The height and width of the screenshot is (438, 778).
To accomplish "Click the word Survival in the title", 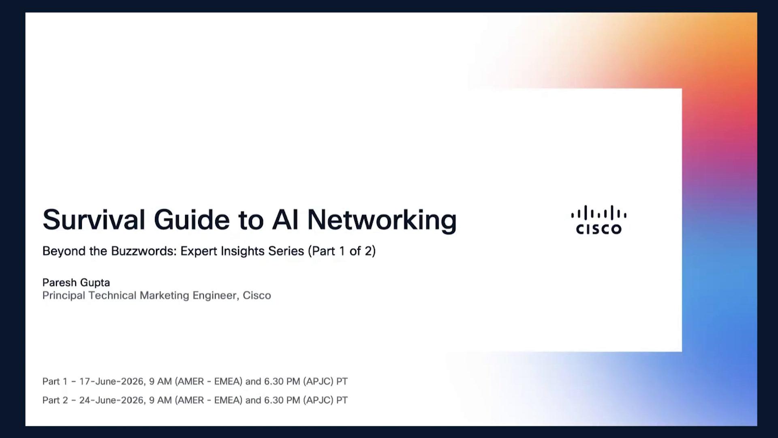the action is click(94, 219).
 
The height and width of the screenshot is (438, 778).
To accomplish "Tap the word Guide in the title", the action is click(192, 219).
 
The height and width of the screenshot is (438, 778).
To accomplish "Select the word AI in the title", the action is click(285, 219).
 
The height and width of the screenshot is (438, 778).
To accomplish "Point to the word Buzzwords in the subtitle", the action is click(144, 251).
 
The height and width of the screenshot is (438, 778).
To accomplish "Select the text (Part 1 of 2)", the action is click(342, 251).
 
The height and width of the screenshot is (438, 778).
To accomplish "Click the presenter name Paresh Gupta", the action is click(76, 283).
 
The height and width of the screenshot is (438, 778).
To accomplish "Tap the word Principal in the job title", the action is click(64, 296).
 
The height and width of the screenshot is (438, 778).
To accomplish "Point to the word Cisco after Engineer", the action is click(257, 295).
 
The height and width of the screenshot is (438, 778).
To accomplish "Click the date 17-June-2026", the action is click(112, 381).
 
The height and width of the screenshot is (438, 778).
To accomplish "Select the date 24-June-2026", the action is click(112, 400).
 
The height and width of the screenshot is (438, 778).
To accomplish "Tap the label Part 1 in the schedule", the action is click(55, 381).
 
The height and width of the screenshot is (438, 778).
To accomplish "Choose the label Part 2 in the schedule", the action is click(55, 400).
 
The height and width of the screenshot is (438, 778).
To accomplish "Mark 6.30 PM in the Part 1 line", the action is click(282, 381).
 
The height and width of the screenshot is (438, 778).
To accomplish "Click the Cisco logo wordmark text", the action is click(598, 229).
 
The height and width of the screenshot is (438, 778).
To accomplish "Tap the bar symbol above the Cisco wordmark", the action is click(598, 213).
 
